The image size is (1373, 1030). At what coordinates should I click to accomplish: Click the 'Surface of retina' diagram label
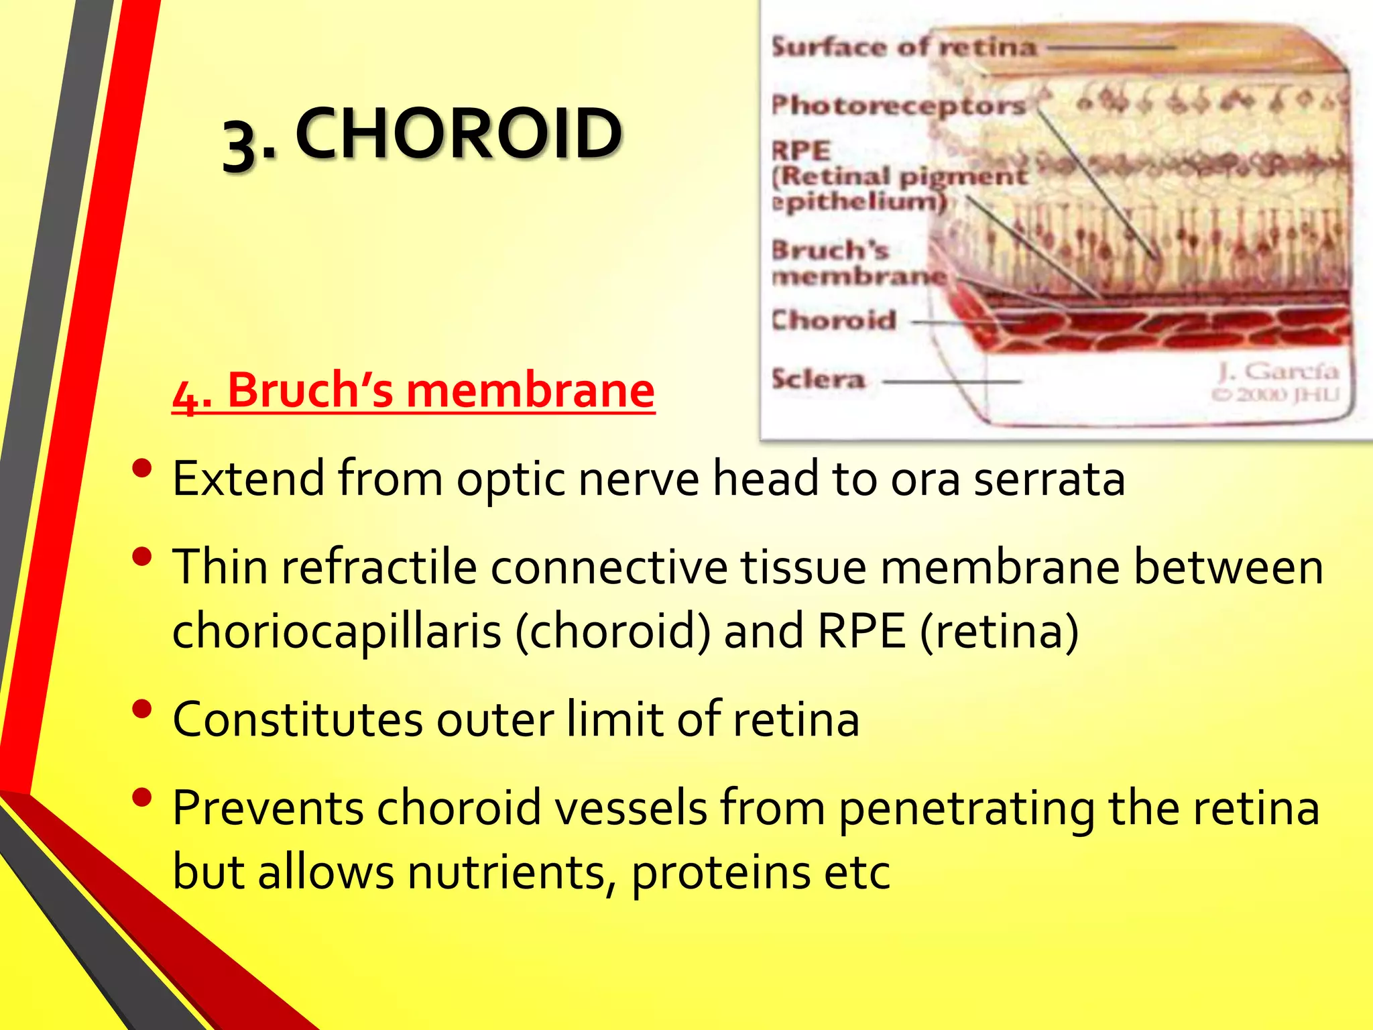(904, 47)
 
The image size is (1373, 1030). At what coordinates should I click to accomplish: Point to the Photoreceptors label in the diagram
(898, 105)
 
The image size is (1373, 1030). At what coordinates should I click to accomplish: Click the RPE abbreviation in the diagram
(802, 150)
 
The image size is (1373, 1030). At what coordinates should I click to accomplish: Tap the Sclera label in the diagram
(819, 380)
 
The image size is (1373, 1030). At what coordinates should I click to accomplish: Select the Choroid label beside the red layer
(834, 321)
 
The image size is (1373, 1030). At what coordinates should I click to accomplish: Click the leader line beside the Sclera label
(952, 382)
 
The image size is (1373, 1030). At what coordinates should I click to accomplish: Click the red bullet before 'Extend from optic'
(142, 468)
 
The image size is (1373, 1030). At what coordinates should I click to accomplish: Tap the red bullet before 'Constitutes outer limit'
(142, 709)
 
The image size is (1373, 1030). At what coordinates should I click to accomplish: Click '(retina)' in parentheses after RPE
(999, 632)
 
